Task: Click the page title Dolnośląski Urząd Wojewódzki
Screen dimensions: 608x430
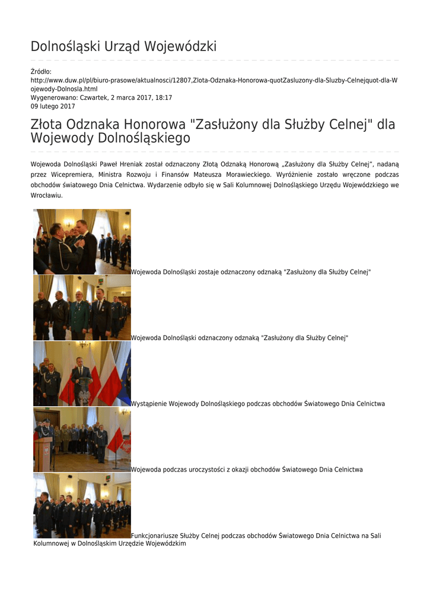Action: pyautogui.click(x=123, y=46)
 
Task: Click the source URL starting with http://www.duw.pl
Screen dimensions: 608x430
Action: pyautogui.click(x=214, y=80)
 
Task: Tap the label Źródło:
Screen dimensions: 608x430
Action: pyautogui.click(x=41, y=72)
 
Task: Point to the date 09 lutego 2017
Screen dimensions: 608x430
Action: pyautogui.click(x=53, y=106)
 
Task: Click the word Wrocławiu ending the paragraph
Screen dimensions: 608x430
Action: pyautogui.click(x=46, y=195)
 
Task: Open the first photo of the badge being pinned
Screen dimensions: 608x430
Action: pyautogui.click(x=82, y=242)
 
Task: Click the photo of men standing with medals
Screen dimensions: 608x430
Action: pyautogui.click(x=82, y=308)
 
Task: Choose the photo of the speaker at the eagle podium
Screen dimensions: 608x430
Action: pyautogui.click(x=82, y=373)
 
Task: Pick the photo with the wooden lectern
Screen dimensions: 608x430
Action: pyautogui.click(x=82, y=439)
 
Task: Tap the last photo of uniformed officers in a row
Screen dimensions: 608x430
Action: pyautogui.click(x=82, y=505)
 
